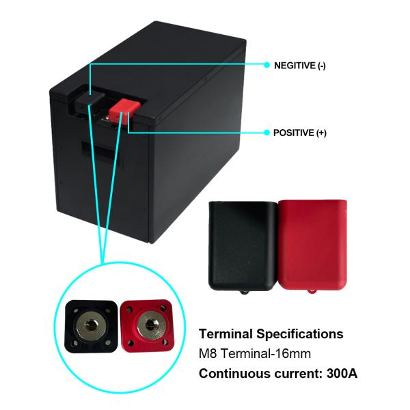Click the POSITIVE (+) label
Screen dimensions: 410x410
click(x=299, y=133)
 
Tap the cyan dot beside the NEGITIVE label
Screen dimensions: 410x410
click(x=267, y=66)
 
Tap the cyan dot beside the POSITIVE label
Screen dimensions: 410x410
click(x=267, y=132)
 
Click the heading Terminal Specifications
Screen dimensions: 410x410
click(x=271, y=334)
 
